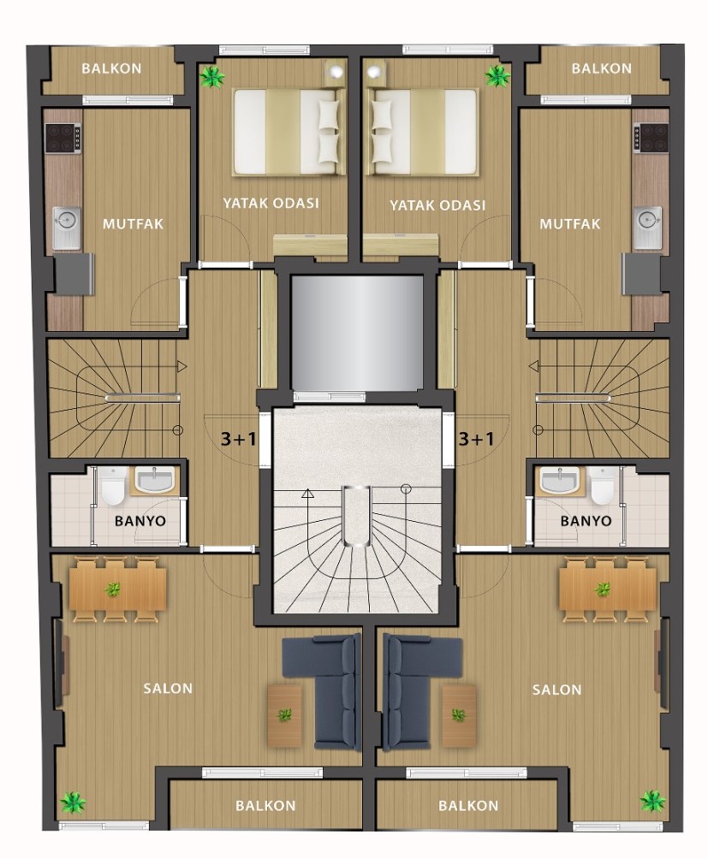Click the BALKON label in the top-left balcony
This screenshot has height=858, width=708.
111,68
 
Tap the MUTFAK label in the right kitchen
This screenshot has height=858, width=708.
569,224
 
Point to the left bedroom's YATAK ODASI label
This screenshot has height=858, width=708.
271,203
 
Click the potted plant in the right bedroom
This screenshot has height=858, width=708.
497,76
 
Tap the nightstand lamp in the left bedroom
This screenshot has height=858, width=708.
335,72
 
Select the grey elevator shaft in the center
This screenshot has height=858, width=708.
357,333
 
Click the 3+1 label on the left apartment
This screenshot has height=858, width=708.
238,438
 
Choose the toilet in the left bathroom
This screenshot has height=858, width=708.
113,485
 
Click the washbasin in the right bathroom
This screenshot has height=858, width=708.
558,482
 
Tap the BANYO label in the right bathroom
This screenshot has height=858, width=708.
586,520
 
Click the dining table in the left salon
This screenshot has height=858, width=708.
117,589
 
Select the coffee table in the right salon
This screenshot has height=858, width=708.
459,715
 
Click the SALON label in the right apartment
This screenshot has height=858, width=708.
556,689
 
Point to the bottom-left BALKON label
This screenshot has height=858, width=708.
265,806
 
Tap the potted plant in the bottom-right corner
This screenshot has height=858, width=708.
652,802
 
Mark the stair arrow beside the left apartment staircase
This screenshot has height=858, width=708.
181,366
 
